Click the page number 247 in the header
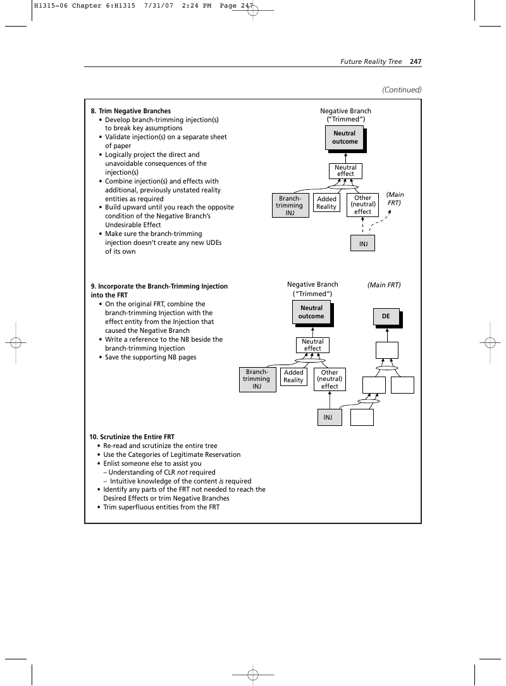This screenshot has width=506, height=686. pos(416,61)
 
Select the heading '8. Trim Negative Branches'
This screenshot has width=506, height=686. pos(131,111)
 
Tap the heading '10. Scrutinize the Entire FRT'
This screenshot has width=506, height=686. pos(132,437)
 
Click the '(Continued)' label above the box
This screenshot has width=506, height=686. pos(402,90)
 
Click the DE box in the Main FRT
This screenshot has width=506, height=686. pos(386,317)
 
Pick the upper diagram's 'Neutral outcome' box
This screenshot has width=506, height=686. pos(345,138)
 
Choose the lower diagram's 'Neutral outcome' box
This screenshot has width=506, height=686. pos(312,313)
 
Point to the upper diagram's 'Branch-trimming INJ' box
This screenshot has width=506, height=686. pos(290,206)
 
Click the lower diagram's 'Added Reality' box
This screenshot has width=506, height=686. pos(293,377)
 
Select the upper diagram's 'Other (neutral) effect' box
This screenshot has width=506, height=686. pos(363,205)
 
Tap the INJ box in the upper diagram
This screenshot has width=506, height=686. pos(363,243)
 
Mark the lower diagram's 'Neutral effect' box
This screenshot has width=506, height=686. pos(312,345)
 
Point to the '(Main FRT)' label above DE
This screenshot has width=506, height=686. pos(384,285)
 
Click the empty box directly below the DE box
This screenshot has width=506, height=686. pos(387,350)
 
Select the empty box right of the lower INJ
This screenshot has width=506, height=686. pos(362,418)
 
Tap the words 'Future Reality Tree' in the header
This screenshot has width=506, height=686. pos(371,61)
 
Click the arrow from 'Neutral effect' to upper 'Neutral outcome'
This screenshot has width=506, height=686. pos(345,158)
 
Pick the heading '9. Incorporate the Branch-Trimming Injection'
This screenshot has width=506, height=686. pos(159,286)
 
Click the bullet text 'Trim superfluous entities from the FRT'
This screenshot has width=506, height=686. pos(161,507)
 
